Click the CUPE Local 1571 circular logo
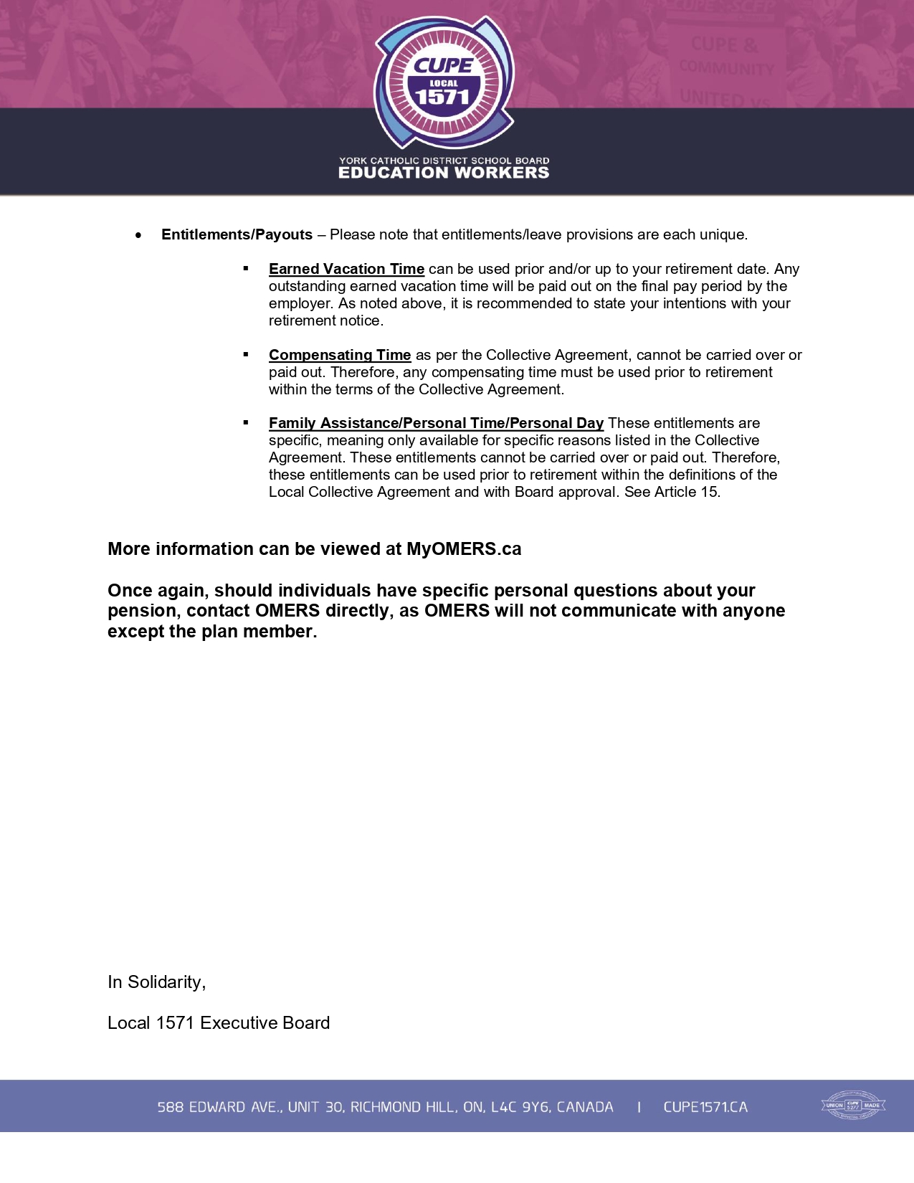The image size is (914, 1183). click(x=444, y=83)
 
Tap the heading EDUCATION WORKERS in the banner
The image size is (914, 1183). click(x=444, y=173)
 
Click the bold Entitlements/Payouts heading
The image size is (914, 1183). click(x=237, y=234)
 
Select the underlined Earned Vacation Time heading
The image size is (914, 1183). click(x=346, y=269)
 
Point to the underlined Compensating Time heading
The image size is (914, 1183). click(x=340, y=355)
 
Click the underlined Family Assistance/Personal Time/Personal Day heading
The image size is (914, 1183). click(x=436, y=423)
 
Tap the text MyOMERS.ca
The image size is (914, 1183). click(x=464, y=549)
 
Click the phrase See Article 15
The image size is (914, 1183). click(x=672, y=492)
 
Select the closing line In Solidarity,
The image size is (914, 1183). click(x=156, y=982)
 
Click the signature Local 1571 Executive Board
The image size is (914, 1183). click(x=219, y=1023)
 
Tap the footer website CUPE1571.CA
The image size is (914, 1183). click(x=705, y=1107)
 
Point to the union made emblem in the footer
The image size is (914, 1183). click(x=853, y=1105)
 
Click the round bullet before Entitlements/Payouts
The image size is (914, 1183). click(x=138, y=235)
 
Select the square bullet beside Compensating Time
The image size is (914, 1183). click(x=246, y=354)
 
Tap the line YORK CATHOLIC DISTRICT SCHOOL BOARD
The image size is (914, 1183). click(x=444, y=161)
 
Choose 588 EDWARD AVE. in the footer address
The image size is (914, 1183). click(x=219, y=1107)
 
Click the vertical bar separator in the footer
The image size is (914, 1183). click(x=639, y=1107)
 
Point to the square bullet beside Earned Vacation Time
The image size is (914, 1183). click(x=246, y=268)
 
